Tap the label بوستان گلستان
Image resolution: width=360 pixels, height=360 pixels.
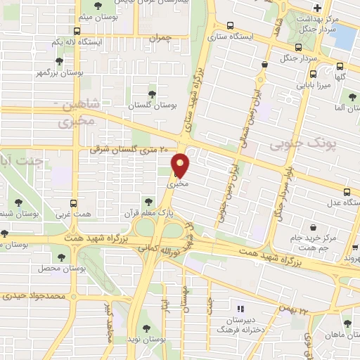[x=151, y=105]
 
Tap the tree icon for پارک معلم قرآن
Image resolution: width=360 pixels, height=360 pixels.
[x=146, y=200]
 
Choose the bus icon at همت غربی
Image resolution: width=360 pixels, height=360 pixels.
[x=83, y=200]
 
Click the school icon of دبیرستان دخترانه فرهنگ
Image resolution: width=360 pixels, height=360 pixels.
[x=240, y=308]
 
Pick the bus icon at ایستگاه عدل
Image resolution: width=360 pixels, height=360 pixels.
[x=346, y=192]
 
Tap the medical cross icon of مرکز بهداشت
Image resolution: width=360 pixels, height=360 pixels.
[x=317, y=8]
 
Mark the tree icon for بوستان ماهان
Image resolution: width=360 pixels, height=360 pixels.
[x=347, y=323]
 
